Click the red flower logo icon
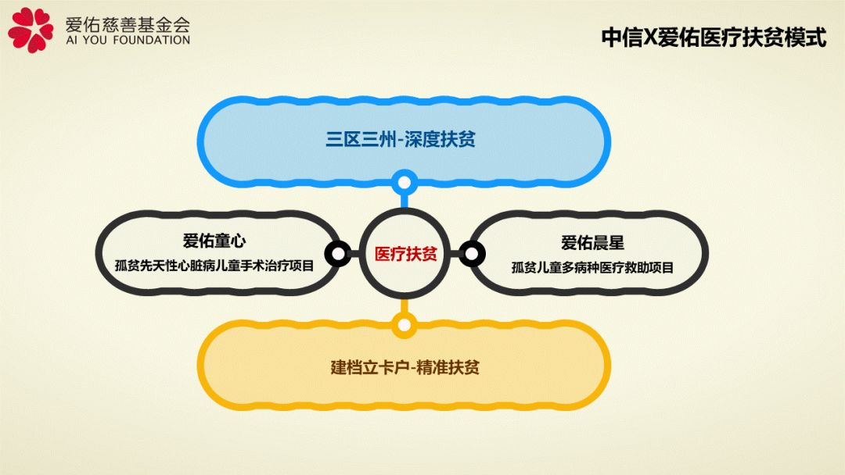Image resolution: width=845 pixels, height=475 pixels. pyautogui.click(x=31, y=30)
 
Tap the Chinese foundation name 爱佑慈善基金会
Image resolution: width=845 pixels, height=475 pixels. pyautogui.click(x=128, y=23)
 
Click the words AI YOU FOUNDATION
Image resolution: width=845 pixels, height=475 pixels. pyautogui.click(x=128, y=41)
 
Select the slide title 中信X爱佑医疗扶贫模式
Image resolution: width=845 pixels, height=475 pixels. pyautogui.click(x=714, y=37)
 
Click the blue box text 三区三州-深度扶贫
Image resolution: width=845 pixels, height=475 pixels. pyautogui.click(x=401, y=139)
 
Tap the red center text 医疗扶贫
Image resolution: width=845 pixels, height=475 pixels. pyautogui.click(x=405, y=253)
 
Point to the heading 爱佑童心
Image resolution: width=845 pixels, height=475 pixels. pyautogui.click(x=214, y=241)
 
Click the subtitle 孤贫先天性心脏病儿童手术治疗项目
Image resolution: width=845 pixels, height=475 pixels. pyautogui.click(x=214, y=265)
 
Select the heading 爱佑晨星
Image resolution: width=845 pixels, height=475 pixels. pyautogui.click(x=592, y=243)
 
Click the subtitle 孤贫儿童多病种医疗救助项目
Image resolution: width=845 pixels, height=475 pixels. pyautogui.click(x=592, y=267)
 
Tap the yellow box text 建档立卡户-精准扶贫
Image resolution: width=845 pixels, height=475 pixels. pyautogui.click(x=405, y=367)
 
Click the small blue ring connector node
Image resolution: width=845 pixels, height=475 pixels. pyautogui.click(x=405, y=183)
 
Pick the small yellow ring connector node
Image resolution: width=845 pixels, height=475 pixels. pyautogui.click(x=405, y=326)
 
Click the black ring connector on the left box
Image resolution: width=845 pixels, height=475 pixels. pyautogui.click(x=338, y=253)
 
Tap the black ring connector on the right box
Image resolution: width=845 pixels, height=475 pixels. pyautogui.click(x=472, y=253)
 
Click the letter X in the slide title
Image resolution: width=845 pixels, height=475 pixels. pyautogui.click(x=650, y=37)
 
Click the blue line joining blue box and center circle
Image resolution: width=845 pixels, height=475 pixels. pyautogui.click(x=405, y=202)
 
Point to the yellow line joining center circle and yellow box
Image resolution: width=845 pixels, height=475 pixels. pyautogui.click(x=405, y=306)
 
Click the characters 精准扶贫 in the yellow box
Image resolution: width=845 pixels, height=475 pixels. pyautogui.click(x=448, y=367)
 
